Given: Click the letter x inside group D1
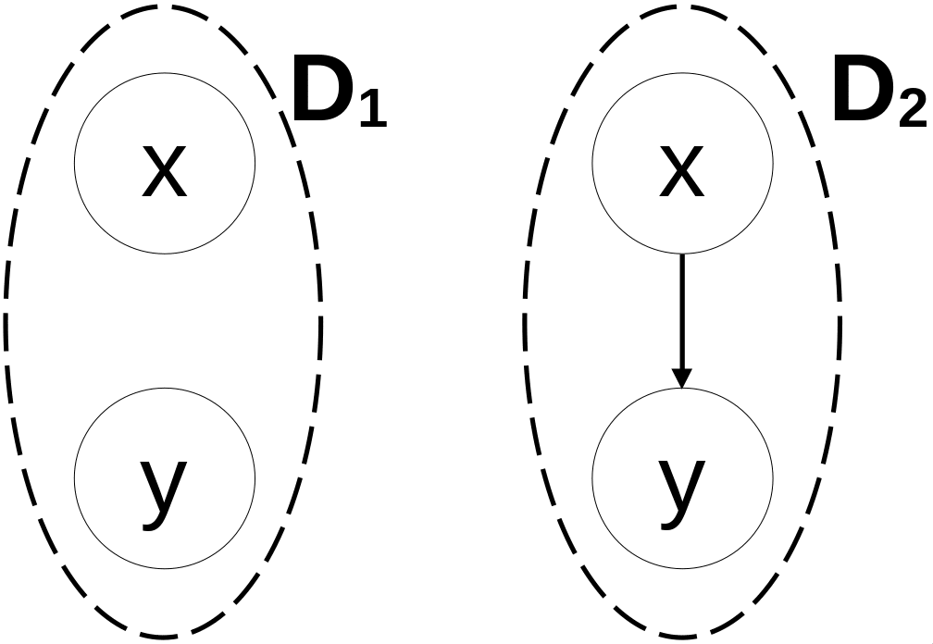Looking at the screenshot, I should [164, 174].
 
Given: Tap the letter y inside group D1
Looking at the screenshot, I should [164, 488].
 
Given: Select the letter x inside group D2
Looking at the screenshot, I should [681, 174].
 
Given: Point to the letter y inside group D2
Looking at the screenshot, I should [681, 488].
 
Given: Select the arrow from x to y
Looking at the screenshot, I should [681, 315].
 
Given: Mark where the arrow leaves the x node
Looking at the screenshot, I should [681, 255].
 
